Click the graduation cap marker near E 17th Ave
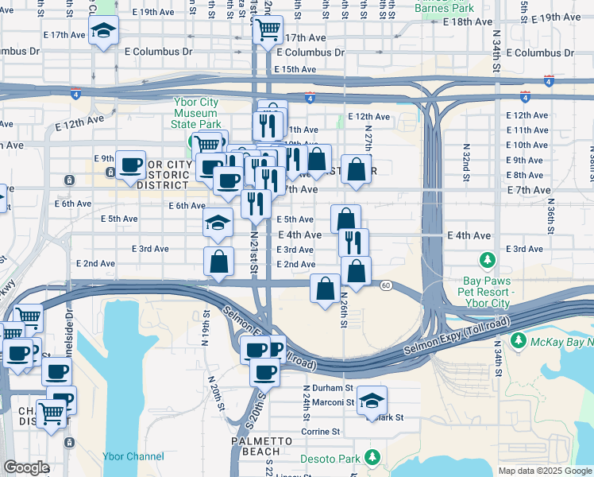point(103,32)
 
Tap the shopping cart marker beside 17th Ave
point(268,30)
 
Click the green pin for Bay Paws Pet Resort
point(488,260)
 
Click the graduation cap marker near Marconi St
point(371,401)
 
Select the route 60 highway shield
point(385,285)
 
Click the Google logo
point(26,467)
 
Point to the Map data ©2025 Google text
point(545,471)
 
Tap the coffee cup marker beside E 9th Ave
point(130,165)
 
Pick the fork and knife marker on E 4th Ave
point(353,240)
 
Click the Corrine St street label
point(320,432)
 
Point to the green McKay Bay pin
point(519,340)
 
